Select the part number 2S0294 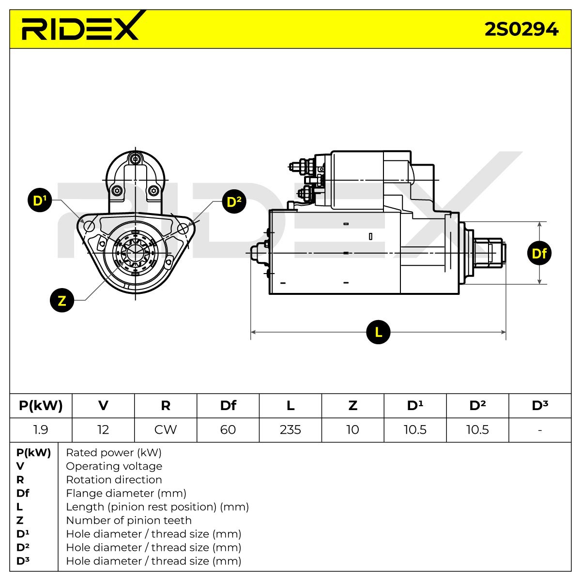pyautogui.click(x=521, y=30)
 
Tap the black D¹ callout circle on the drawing pyautogui.click(x=40, y=200)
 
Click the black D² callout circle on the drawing pyautogui.click(x=234, y=201)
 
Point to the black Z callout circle pyautogui.click(x=62, y=300)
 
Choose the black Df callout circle pyautogui.click(x=539, y=253)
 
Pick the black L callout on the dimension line pyautogui.click(x=378, y=332)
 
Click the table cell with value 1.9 pyautogui.click(x=41, y=429)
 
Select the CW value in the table pyautogui.click(x=166, y=429)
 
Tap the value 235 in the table pyautogui.click(x=290, y=429)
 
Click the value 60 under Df pyautogui.click(x=228, y=429)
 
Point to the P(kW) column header pyautogui.click(x=41, y=406)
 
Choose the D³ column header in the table pyautogui.click(x=540, y=405)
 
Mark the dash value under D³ pyautogui.click(x=540, y=430)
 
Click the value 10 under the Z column pyautogui.click(x=352, y=429)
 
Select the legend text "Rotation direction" pyautogui.click(x=114, y=479)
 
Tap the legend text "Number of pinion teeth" pyautogui.click(x=129, y=520)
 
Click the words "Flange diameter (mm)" pyautogui.click(x=126, y=493)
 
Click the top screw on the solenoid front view pyautogui.click(x=136, y=159)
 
